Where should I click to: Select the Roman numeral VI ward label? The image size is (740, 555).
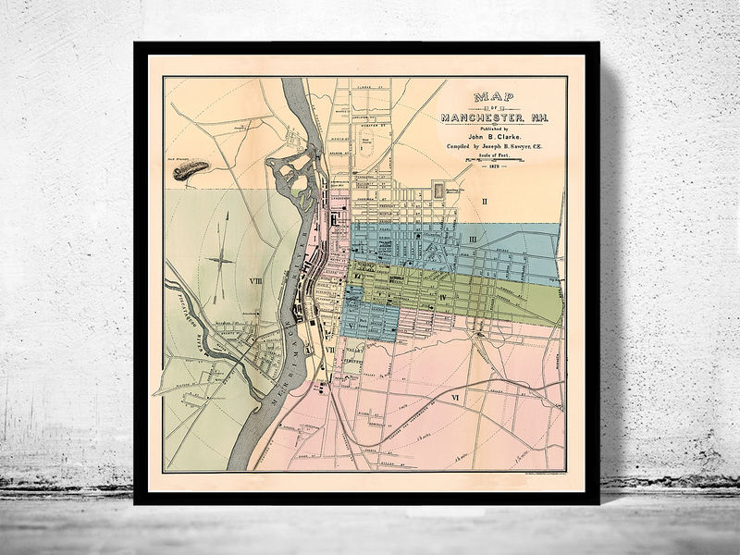coord(454,397)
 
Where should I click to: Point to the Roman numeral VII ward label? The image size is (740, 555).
coord(329,351)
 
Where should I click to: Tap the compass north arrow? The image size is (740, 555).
coord(220,259)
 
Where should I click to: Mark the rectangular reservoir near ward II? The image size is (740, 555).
coord(438,190)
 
